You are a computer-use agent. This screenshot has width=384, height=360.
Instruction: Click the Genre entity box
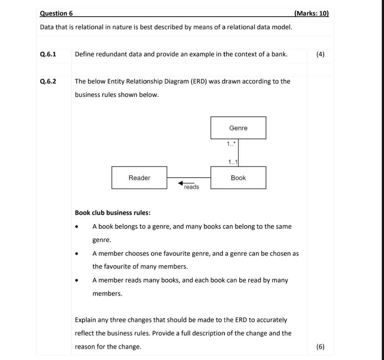click(x=238, y=128)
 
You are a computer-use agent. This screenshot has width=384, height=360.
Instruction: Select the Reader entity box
click(x=139, y=178)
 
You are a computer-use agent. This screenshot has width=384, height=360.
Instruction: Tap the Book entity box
click(x=238, y=178)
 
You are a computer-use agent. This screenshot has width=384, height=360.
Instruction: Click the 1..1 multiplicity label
click(x=233, y=162)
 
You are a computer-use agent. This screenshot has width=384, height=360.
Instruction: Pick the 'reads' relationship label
click(x=191, y=187)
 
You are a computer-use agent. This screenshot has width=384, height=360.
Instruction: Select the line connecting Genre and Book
click(x=240, y=153)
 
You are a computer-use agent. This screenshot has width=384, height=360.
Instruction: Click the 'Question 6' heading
click(x=56, y=14)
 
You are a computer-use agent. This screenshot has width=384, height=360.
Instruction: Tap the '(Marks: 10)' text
click(x=312, y=14)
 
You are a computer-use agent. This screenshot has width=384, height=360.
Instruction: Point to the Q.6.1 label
click(x=48, y=54)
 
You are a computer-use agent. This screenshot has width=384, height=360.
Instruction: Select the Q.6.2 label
click(x=48, y=81)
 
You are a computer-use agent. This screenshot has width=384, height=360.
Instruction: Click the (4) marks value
click(x=320, y=54)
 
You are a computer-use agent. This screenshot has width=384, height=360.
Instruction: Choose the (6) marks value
click(x=320, y=346)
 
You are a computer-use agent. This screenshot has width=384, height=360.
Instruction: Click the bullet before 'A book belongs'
click(x=77, y=227)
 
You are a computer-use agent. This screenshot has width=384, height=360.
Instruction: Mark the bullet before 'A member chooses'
click(x=77, y=254)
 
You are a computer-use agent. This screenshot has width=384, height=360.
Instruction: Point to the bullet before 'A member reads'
click(x=77, y=281)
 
